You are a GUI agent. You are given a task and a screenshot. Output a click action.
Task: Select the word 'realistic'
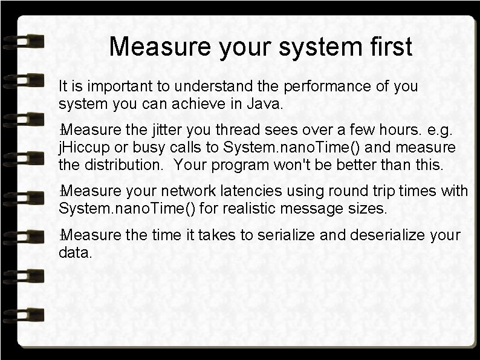251,209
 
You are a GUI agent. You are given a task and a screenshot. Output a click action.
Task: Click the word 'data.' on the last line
76,252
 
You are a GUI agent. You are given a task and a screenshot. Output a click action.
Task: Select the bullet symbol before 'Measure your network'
62,192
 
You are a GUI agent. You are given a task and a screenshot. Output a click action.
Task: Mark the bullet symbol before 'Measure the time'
62,235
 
